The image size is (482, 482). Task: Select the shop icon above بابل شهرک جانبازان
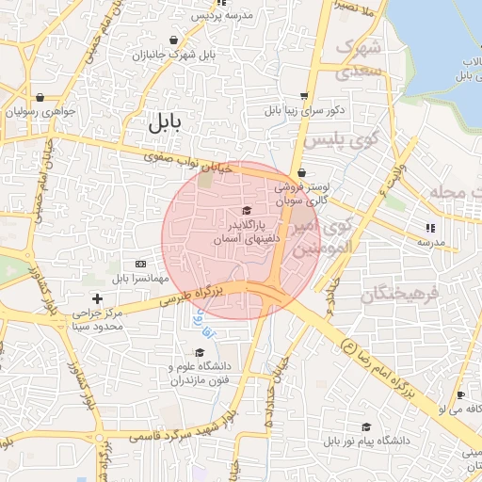coord(175,40)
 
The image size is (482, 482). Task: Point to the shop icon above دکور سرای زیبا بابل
coord(304,96)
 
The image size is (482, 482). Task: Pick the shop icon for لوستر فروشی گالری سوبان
coord(300,173)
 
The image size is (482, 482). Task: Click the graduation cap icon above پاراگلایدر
coord(247,211)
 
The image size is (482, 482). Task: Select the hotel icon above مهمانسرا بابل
coord(140,264)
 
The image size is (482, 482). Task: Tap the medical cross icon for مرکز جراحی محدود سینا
coord(97,298)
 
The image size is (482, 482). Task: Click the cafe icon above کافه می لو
coord(460,394)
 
